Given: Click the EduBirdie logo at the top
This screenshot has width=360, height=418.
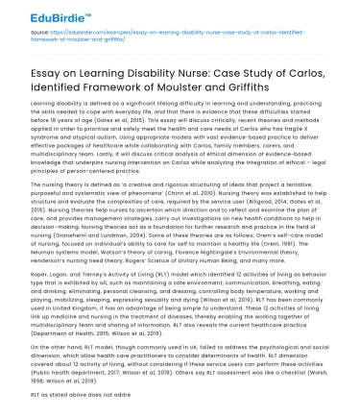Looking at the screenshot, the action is pyautogui.click(x=42, y=15).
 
